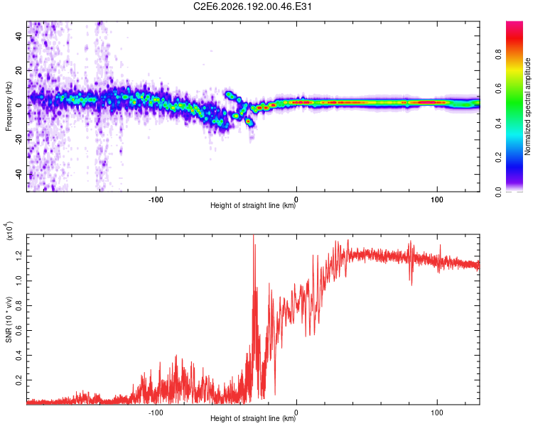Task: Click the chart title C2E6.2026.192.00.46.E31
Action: pyautogui.click(x=252, y=6)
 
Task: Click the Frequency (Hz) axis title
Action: pyautogui.click(x=9, y=106)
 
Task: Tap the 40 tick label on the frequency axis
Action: pyautogui.click(x=19, y=35)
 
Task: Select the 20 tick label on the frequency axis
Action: pyautogui.click(x=19, y=70)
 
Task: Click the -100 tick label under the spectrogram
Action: pyautogui.click(x=156, y=200)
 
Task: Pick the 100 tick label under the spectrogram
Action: pyautogui.click(x=437, y=200)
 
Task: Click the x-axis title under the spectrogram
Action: pyautogui.click(x=253, y=205)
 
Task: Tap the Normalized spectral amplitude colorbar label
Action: pyautogui.click(x=527, y=106)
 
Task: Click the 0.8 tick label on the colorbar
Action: pyautogui.click(x=499, y=54)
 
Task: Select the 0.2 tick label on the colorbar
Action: pyautogui.click(x=499, y=158)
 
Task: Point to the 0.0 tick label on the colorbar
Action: pyautogui.click(x=499, y=192)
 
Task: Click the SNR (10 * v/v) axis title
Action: pyautogui.click(x=9, y=319)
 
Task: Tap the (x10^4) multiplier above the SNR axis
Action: pyautogui.click(x=9, y=231)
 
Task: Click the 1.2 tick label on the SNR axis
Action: pyautogui.click(x=19, y=256)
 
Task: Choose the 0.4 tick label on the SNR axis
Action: pyautogui.click(x=19, y=355)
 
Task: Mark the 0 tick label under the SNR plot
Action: pyautogui.click(x=296, y=413)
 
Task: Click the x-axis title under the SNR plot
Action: pyautogui.click(x=253, y=418)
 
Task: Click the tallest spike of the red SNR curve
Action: pyautogui.click(x=253, y=235)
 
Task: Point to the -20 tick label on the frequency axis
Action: pyautogui.click(x=19, y=139)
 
